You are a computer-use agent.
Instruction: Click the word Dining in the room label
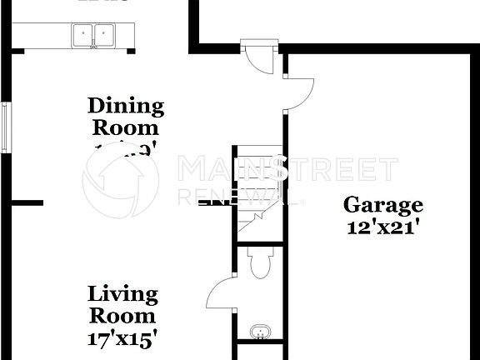click(126, 106)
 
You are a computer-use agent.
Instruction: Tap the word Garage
click(383, 205)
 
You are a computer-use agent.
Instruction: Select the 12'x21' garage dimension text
click(383, 226)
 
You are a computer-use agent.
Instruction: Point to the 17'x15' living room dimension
click(123, 338)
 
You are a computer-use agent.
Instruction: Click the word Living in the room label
click(123, 294)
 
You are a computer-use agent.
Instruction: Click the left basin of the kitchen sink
click(83, 35)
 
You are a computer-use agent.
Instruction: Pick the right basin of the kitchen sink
click(103, 35)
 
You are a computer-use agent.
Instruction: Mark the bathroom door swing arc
click(218, 293)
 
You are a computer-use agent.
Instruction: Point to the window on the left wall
click(7, 127)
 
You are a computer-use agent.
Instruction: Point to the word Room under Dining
click(126, 128)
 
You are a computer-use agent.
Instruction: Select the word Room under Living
click(123, 317)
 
